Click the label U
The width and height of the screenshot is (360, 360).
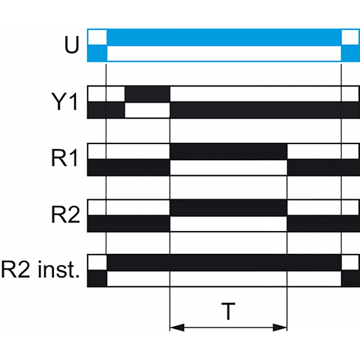71,46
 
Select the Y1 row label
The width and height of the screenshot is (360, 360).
64,103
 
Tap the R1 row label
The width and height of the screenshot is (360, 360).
64,160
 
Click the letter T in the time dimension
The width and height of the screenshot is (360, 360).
228,311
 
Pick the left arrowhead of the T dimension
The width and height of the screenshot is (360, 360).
177,327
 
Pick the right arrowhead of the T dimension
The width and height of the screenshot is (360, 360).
281,327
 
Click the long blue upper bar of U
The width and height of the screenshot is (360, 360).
223,37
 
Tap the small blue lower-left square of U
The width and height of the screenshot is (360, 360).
97,53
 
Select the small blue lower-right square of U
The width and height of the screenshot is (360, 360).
349,53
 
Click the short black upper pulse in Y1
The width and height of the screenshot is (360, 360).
147,95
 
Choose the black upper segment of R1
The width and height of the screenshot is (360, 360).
229,152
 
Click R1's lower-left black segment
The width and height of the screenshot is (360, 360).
129,167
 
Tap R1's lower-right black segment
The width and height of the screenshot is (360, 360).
323,167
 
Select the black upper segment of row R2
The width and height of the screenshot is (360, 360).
229,208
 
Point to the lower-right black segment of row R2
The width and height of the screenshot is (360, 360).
323,223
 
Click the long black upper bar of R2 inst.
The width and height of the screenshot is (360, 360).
223,263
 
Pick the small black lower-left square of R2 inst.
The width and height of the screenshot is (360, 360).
97,279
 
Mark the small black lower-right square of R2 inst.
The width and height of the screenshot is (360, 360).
349,279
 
